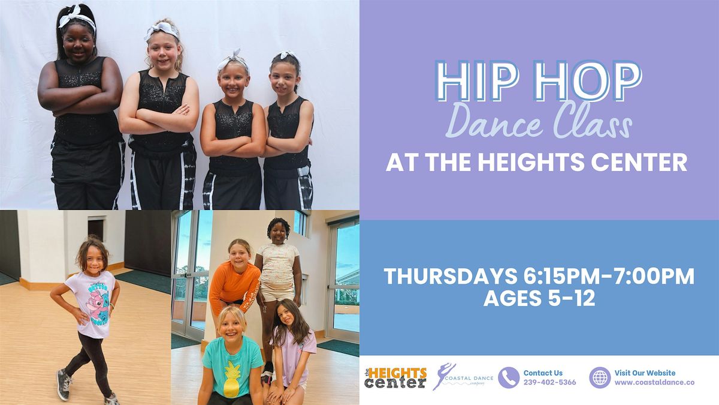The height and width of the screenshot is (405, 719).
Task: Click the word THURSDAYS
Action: click(x=449, y=277)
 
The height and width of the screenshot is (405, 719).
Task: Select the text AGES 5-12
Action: click(x=539, y=299)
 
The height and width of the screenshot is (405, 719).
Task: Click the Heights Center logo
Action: click(x=396, y=377)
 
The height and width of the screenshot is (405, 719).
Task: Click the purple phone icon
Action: click(x=509, y=377)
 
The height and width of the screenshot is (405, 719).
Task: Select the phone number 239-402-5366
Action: click(x=550, y=382)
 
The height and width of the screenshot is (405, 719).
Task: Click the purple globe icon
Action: click(x=600, y=377)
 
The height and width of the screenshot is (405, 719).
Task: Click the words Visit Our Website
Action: click(x=645, y=373)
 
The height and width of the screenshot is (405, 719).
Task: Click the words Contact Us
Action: click(x=543, y=373)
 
